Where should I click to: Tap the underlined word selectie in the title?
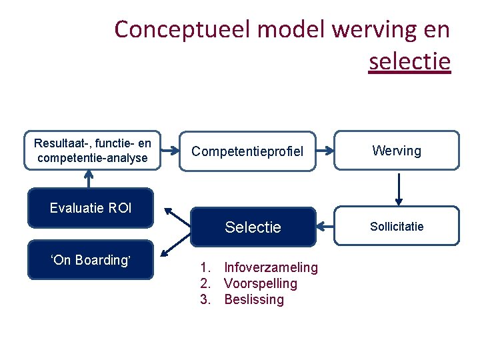click(409, 62)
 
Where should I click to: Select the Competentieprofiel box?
click(247, 151)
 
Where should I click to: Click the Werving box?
click(397, 151)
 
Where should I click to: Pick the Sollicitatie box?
click(397, 227)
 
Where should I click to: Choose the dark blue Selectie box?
click(253, 227)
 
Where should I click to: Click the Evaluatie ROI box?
click(91, 208)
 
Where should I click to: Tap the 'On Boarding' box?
click(91, 260)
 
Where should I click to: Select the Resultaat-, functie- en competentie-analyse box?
click(93, 151)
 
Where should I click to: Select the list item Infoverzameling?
click(271, 267)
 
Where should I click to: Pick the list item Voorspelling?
click(261, 283)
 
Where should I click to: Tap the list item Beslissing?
click(254, 299)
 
